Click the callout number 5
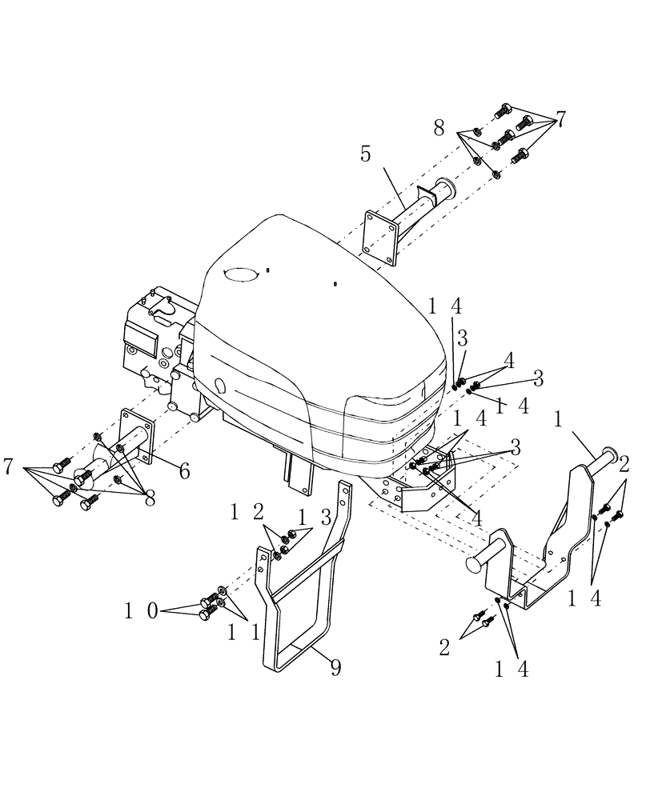pos(365,154)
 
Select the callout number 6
pos(184,471)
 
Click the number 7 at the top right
pos(561,119)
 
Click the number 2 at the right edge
pos(624,463)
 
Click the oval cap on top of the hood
pos(239,274)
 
